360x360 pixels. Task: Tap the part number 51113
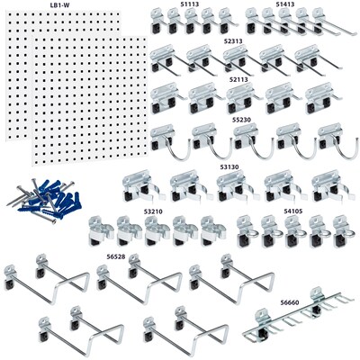(x=190, y=4)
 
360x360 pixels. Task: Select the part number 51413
(x=285, y=4)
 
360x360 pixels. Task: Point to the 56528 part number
(x=116, y=256)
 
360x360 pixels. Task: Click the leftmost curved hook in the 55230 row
(x=166, y=140)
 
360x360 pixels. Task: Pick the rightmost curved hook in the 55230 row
(x=331, y=140)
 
